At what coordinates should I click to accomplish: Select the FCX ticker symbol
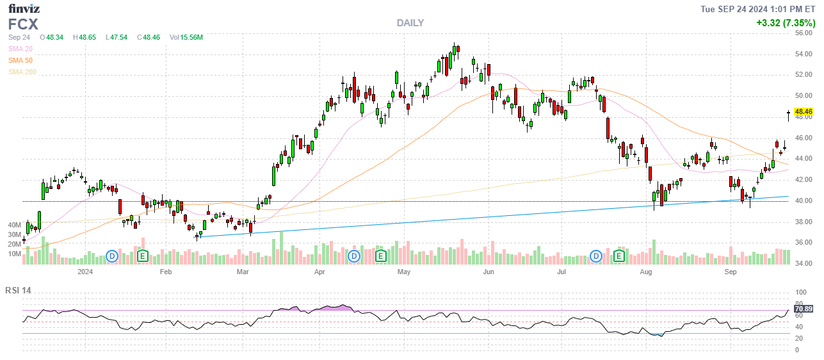tap(23, 24)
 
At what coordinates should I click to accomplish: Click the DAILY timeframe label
tap(410, 22)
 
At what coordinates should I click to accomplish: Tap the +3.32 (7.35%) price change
tap(784, 22)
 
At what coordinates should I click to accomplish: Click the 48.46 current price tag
tap(803, 111)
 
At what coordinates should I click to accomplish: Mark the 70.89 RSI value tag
tap(803, 309)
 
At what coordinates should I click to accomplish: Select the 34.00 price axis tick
tap(804, 263)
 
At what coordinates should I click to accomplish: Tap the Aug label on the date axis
tap(645, 272)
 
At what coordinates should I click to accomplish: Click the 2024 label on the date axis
tap(85, 272)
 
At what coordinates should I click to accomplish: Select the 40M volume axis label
tap(15, 225)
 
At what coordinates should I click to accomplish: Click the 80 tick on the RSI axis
tap(799, 303)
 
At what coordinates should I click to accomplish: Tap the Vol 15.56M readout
tap(186, 37)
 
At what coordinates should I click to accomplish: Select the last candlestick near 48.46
tap(788, 115)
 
